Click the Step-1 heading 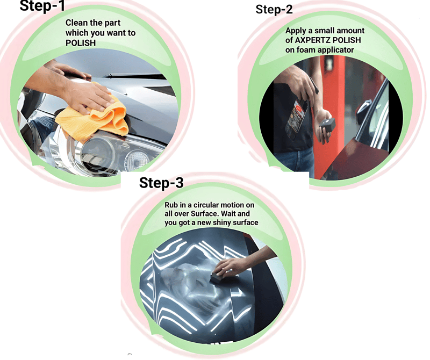42,5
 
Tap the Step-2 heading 274,9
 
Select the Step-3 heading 161,183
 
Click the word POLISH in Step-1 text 81,43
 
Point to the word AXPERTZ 312,40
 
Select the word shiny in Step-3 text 222,222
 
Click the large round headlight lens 97,154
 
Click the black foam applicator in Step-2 327,125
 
